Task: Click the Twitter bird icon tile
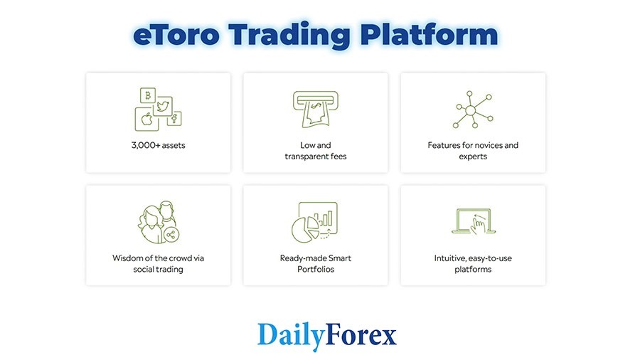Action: click(x=163, y=107)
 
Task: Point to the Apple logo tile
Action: click(x=146, y=119)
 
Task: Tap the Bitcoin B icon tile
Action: click(x=148, y=95)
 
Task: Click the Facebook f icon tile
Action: click(x=173, y=119)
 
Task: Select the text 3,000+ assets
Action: click(x=158, y=145)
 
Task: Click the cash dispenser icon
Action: click(x=315, y=109)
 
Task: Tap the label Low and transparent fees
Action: click(x=315, y=151)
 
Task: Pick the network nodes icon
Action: click(x=472, y=110)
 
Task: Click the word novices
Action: click(x=483, y=145)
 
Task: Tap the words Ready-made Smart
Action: click(x=315, y=258)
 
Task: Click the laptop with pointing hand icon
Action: click(x=473, y=221)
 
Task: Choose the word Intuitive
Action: click(x=452, y=258)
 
